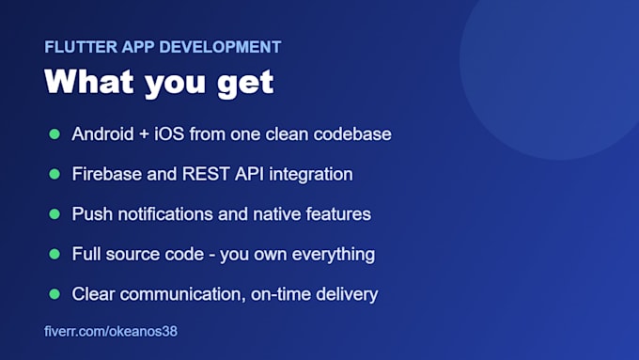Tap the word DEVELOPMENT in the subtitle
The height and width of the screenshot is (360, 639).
[x=220, y=47]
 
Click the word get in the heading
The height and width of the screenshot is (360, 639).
[x=245, y=83]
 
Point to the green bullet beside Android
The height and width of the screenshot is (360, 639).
[x=55, y=134]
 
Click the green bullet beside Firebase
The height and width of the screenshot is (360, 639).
[x=55, y=174]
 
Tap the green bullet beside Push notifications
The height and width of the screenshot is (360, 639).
[x=55, y=214]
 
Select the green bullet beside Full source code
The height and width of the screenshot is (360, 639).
[x=55, y=254]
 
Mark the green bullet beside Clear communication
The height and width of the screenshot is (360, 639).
[x=55, y=294]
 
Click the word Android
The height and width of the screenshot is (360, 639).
[x=102, y=134]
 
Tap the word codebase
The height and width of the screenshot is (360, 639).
[x=352, y=134]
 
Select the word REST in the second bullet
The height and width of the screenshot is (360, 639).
[x=206, y=174]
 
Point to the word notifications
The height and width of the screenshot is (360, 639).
[x=165, y=214]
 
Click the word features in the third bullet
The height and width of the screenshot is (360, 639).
[x=338, y=214]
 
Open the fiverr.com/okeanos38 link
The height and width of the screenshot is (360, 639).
[x=111, y=332]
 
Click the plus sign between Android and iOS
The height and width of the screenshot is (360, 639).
[x=144, y=134]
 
